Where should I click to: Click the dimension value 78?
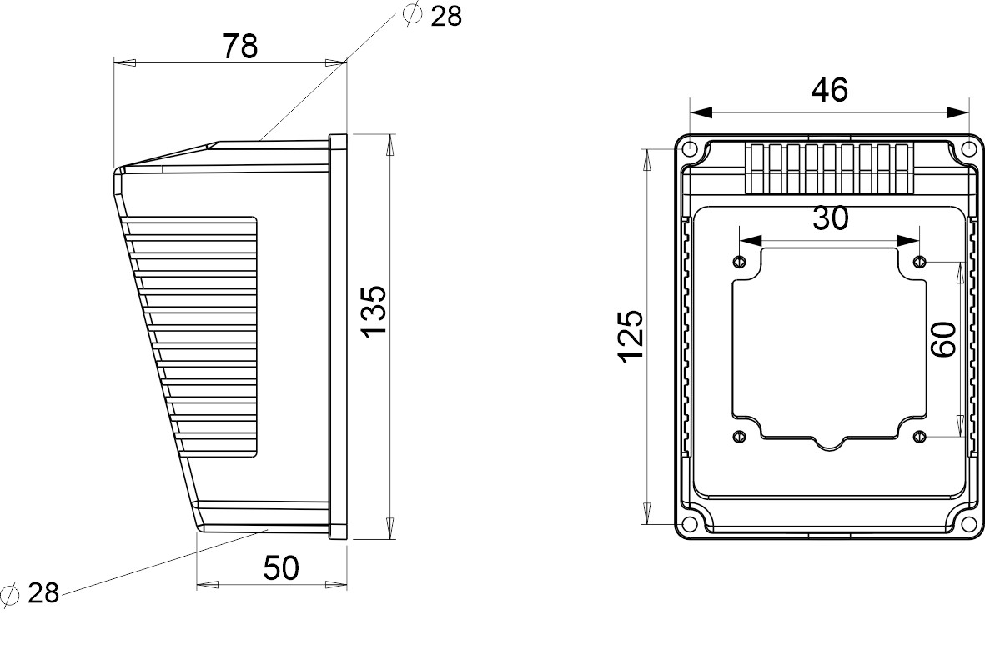pos(239,47)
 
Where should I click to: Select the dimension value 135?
pos(374,311)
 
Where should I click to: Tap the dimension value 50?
pos(281,568)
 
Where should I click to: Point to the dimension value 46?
pos(830,90)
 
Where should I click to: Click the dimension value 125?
pos(631,336)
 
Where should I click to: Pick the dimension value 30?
pos(830,218)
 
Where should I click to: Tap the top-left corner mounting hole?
pos(690,150)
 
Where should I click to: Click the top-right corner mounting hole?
pos(967,150)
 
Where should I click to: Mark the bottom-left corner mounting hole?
pos(690,524)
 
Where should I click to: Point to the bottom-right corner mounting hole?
pos(967,524)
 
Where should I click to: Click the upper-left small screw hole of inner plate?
pos(739,261)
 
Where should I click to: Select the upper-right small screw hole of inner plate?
pos(919,261)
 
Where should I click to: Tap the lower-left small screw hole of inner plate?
pos(739,436)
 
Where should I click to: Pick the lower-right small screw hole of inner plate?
pos(919,436)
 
